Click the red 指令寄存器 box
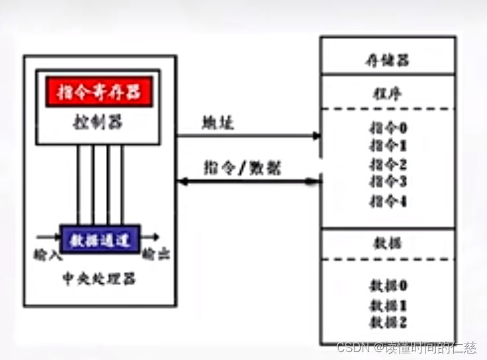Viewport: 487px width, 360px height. click(x=99, y=93)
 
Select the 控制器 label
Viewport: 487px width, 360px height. click(x=99, y=122)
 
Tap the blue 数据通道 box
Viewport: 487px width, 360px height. click(x=100, y=236)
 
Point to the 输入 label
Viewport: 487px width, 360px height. click(x=46, y=254)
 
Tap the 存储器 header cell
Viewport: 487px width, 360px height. click(x=387, y=60)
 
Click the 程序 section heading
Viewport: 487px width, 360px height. click(x=387, y=93)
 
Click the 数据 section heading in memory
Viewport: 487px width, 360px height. click(x=387, y=243)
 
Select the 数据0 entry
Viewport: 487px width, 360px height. click(x=387, y=286)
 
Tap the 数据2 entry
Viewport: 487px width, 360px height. click(x=387, y=322)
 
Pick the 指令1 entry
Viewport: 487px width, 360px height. click(x=387, y=146)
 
